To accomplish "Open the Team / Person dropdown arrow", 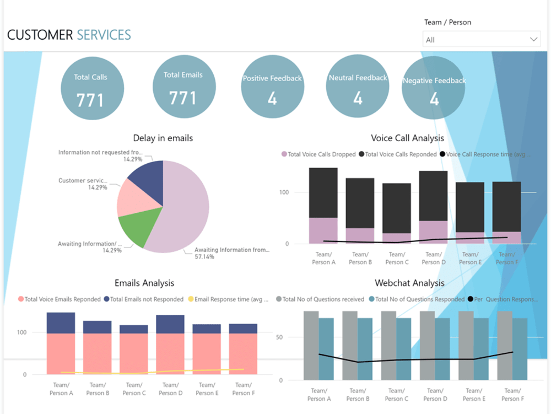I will pos(533,40).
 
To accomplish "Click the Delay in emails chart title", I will pos(163,138).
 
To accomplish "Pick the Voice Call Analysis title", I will pos(407,138).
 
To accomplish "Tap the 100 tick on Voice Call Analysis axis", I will pos(284,192).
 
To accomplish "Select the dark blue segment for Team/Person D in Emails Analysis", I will pos(170,324).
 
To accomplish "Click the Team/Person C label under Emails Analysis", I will pos(134,389).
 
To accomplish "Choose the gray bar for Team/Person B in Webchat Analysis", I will pos(350,345).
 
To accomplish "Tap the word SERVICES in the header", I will pos(104,36).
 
